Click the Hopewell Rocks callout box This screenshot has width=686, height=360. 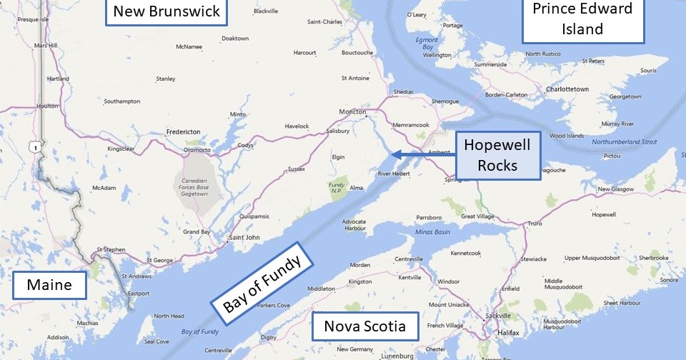click(x=497, y=156)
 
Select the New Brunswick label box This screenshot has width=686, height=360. click(x=166, y=11)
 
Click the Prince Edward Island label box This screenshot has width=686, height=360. click(x=583, y=19)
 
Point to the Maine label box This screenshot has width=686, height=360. click(x=49, y=285)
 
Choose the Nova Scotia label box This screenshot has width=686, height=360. click(x=364, y=326)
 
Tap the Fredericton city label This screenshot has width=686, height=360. click(x=182, y=131)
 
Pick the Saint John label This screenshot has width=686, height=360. click(x=242, y=237)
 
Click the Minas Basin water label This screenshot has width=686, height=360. click(x=430, y=232)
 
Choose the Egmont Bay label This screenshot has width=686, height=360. click(x=427, y=43)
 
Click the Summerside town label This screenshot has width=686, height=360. click(x=490, y=64)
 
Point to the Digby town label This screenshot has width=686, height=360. click(x=269, y=336)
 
